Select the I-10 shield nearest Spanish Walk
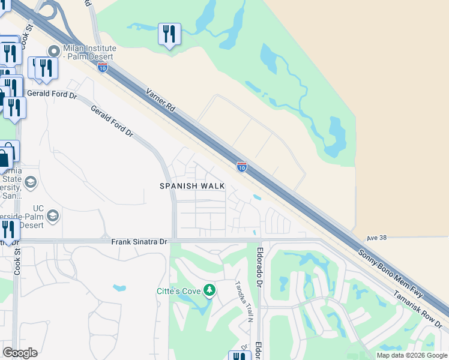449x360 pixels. pos(241,167)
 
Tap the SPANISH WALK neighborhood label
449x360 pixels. pos(192,186)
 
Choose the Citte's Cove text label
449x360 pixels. pos(178,292)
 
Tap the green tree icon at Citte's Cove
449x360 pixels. pos(209,291)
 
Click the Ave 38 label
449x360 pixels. pos(377,238)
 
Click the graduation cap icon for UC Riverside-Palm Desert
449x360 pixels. pos(53,215)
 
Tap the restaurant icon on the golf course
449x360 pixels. pos(169,34)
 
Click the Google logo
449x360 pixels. pos(20,353)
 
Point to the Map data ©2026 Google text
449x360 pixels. pos(411,355)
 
